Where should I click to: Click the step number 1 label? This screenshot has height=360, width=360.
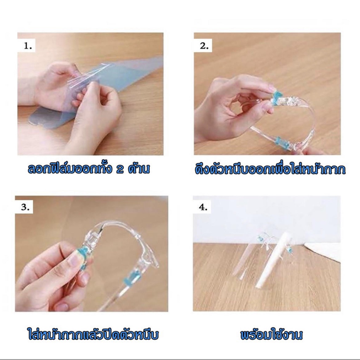pos(28,46)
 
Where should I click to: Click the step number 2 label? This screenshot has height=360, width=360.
pos(204,46)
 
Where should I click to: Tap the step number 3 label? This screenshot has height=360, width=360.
pos(25,207)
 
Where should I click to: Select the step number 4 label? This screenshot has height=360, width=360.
pos(203,207)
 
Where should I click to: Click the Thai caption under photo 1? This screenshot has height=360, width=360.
pos(89,168)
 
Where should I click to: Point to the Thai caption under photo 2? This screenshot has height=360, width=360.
pos(270,169)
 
